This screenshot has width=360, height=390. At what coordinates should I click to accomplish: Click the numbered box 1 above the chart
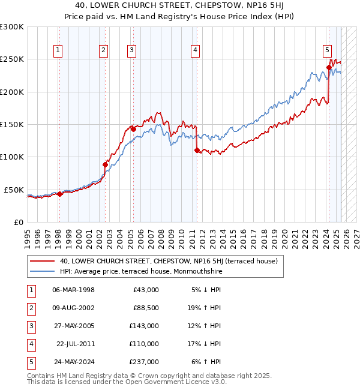point(59,51)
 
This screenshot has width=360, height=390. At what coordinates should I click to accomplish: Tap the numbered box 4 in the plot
point(196,51)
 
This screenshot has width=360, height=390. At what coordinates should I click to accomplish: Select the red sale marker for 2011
point(197,151)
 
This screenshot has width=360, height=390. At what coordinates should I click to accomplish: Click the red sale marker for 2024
point(329,67)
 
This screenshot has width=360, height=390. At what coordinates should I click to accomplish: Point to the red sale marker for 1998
point(59,194)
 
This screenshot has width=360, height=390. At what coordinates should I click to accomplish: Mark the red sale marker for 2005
point(133,129)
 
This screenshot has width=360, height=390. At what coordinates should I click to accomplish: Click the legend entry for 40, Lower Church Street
point(168,262)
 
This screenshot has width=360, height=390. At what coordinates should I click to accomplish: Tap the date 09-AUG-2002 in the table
point(73,308)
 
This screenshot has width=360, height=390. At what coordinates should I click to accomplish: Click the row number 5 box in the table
point(29,362)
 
